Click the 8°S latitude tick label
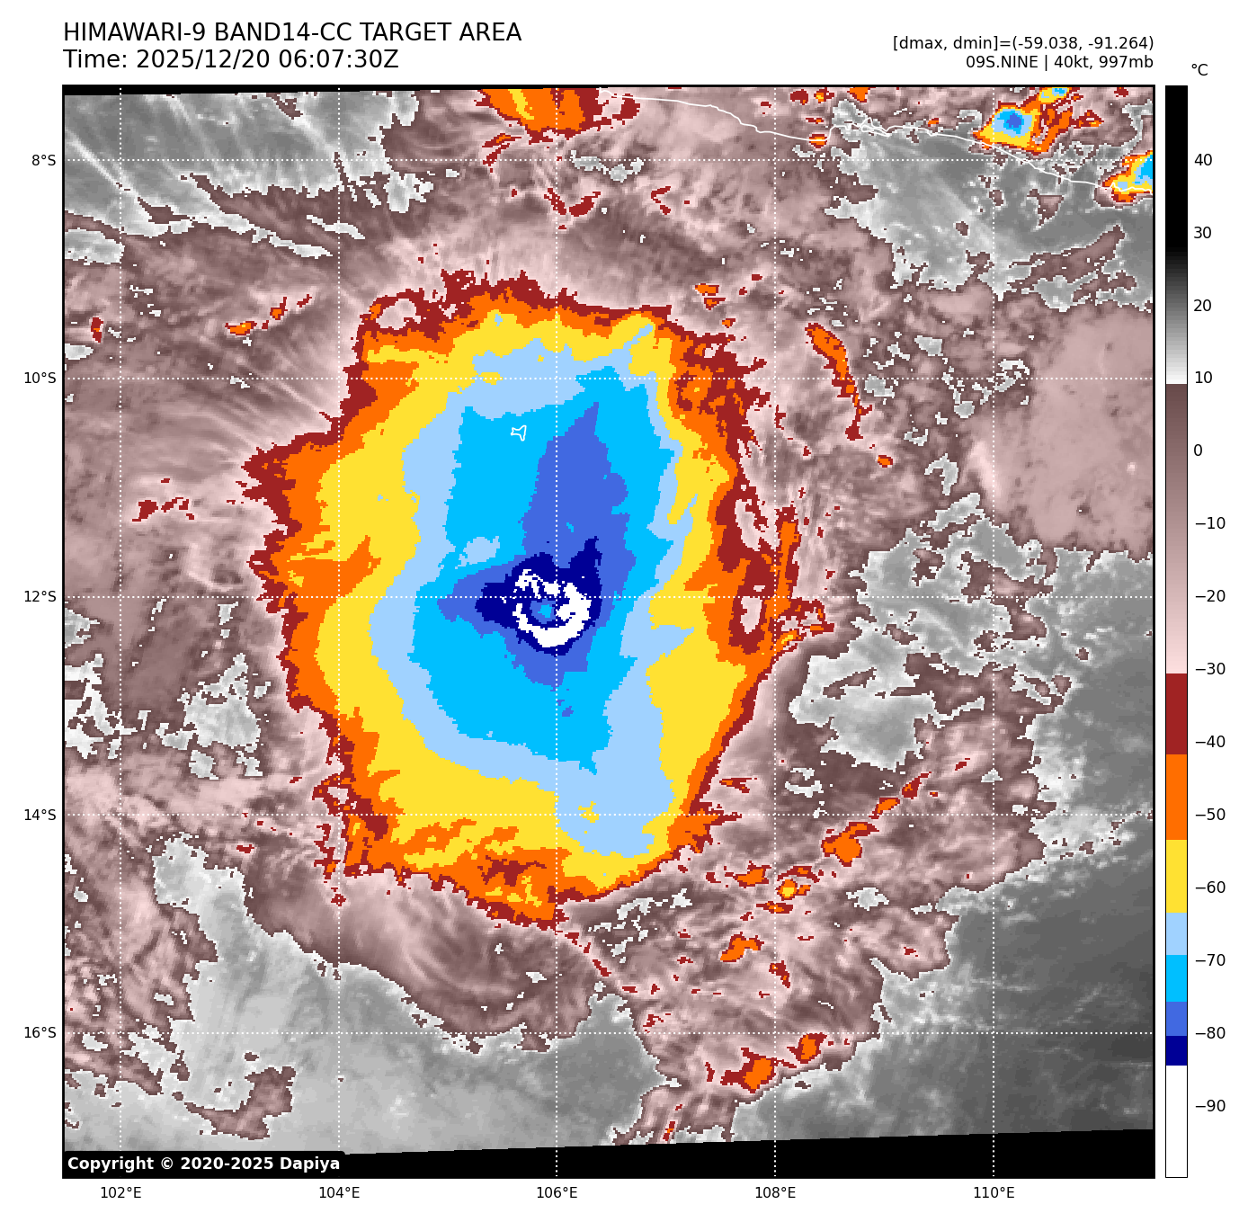point(43,161)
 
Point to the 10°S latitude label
point(40,379)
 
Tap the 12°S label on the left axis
point(40,597)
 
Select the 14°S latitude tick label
point(40,816)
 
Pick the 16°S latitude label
point(40,1033)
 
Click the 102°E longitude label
point(120,1193)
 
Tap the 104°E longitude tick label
point(339,1193)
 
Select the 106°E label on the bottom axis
point(557,1193)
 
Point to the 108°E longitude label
point(775,1193)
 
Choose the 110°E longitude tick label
point(994,1193)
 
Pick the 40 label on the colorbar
point(1203,161)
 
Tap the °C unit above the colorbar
point(1199,70)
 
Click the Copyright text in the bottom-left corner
point(203,1164)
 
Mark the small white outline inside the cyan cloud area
point(519,433)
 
